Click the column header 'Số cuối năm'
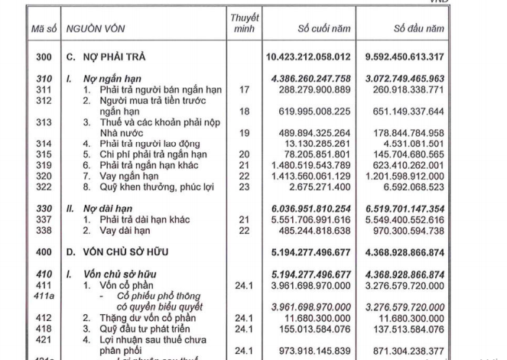324,28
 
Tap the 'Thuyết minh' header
245,23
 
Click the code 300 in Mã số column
44,57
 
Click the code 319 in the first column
44,164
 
